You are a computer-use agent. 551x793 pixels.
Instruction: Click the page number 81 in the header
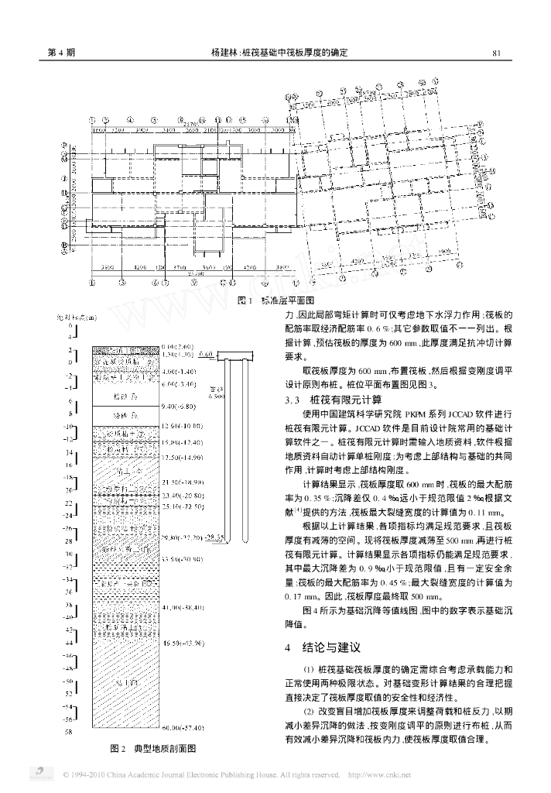point(498,53)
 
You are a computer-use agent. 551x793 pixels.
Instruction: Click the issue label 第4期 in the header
point(62,53)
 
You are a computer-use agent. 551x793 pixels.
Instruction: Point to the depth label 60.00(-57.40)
point(181,729)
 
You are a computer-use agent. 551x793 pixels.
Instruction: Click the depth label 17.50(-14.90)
point(181,458)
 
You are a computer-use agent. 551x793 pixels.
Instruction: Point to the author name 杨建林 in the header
point(224,53)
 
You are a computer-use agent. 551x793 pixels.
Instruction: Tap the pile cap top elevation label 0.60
point(205,353)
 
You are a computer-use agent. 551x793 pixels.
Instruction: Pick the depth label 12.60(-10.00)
point(181,426)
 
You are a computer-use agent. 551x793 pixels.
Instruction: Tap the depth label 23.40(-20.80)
point(181,495)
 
